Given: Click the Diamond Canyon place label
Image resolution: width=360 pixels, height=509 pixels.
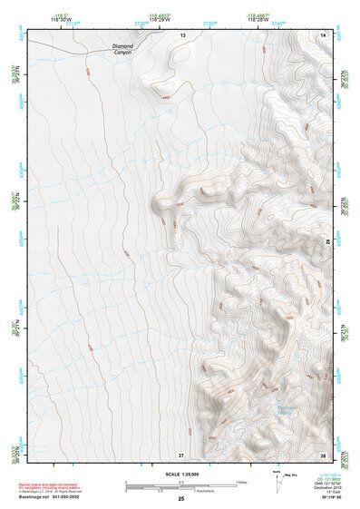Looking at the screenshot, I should click(x=122, y=49).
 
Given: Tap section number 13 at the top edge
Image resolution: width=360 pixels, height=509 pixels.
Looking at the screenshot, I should click(x=181, y=34).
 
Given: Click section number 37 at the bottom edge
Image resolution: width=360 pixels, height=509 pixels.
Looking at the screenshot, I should click(x=181, y=454).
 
